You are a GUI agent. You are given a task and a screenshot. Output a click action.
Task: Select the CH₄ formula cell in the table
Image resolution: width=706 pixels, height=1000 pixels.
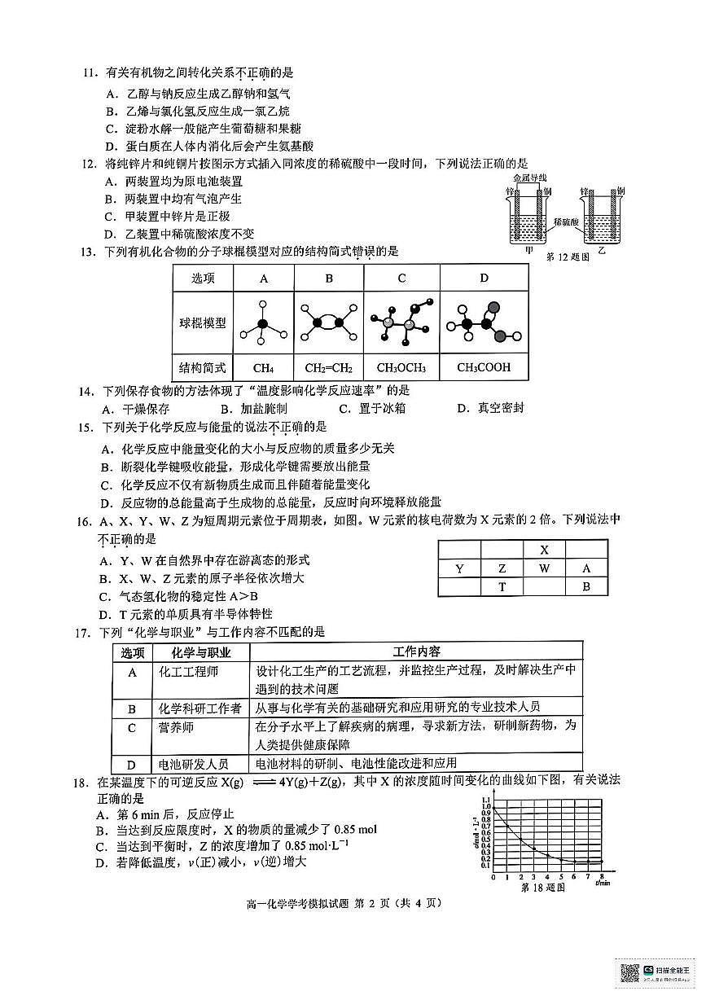coord(262,367)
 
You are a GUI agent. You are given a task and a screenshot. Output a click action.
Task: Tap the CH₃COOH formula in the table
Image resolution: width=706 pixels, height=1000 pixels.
coord(484,367)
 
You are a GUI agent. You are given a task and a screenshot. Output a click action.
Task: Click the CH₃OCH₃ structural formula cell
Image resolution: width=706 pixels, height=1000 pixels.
coord(401,367)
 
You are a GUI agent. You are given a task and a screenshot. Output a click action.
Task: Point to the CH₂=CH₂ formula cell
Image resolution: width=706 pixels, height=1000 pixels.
coord(328,367)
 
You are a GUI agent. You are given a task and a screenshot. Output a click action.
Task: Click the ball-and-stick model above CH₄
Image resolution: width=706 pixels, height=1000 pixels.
coord(262,323)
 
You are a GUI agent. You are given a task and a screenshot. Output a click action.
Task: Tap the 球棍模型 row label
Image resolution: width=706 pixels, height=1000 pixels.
coord(203,323)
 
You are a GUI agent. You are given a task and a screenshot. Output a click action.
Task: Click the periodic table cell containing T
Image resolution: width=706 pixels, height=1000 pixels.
coord(502,588)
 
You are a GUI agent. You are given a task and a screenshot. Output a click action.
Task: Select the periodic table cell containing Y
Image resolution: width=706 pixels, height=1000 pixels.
coord(459,568)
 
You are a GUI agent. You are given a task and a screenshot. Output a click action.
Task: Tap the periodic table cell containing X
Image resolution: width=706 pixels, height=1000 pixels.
coord(544,550)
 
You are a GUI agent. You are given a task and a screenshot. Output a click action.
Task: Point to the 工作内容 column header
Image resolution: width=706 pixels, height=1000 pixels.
coord(416,651)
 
